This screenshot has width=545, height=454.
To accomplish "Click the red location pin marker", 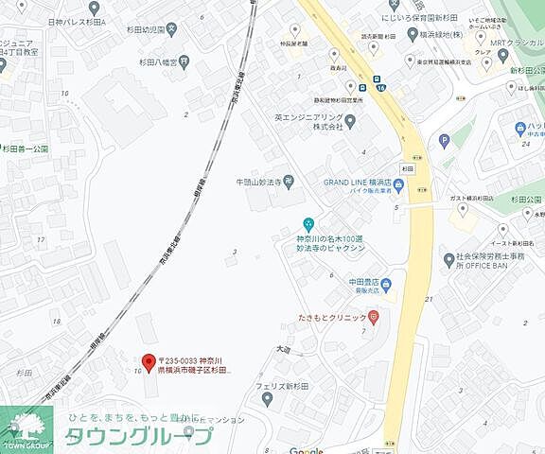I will click(148, 363).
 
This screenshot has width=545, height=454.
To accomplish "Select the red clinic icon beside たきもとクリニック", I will click(374, 317).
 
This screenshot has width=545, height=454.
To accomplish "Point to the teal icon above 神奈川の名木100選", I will click(307, 224).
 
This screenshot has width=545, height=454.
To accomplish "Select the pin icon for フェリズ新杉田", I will click(267, 398).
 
